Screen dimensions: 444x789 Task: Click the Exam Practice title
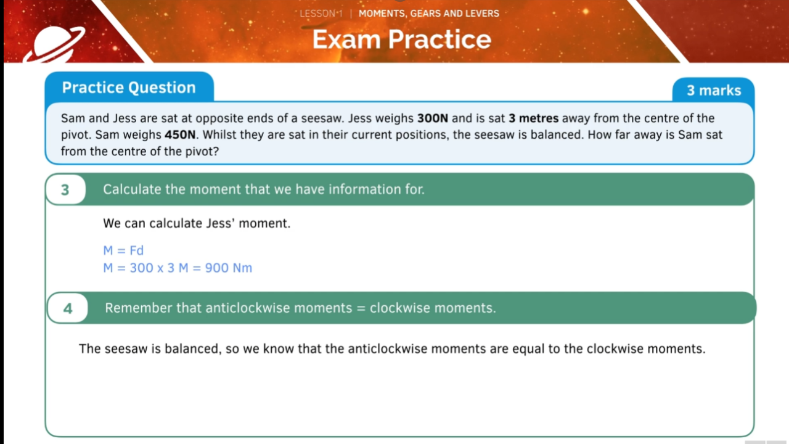pyautogui.click(x=401, y=39)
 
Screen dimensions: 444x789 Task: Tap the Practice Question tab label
pyautogui.click(x=129, y=88)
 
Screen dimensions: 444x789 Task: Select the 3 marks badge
pyautogui.click(x=713, y=91)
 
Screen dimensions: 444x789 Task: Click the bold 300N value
pyautogui.click(x=433, y=118)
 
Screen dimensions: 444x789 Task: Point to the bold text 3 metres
pyautogui.click(x=533, y=118)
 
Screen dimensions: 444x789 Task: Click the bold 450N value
pyautogui.click(x=180, y=134)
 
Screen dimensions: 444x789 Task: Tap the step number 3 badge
pyautogui.click(x=65, y=190)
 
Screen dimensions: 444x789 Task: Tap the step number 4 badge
pyautogui.click(x=68, y=308)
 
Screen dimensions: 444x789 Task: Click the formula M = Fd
pyautogui.click(x=123, y=250)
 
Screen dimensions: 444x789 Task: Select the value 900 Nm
pyautogui.click(x=229, y=268)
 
